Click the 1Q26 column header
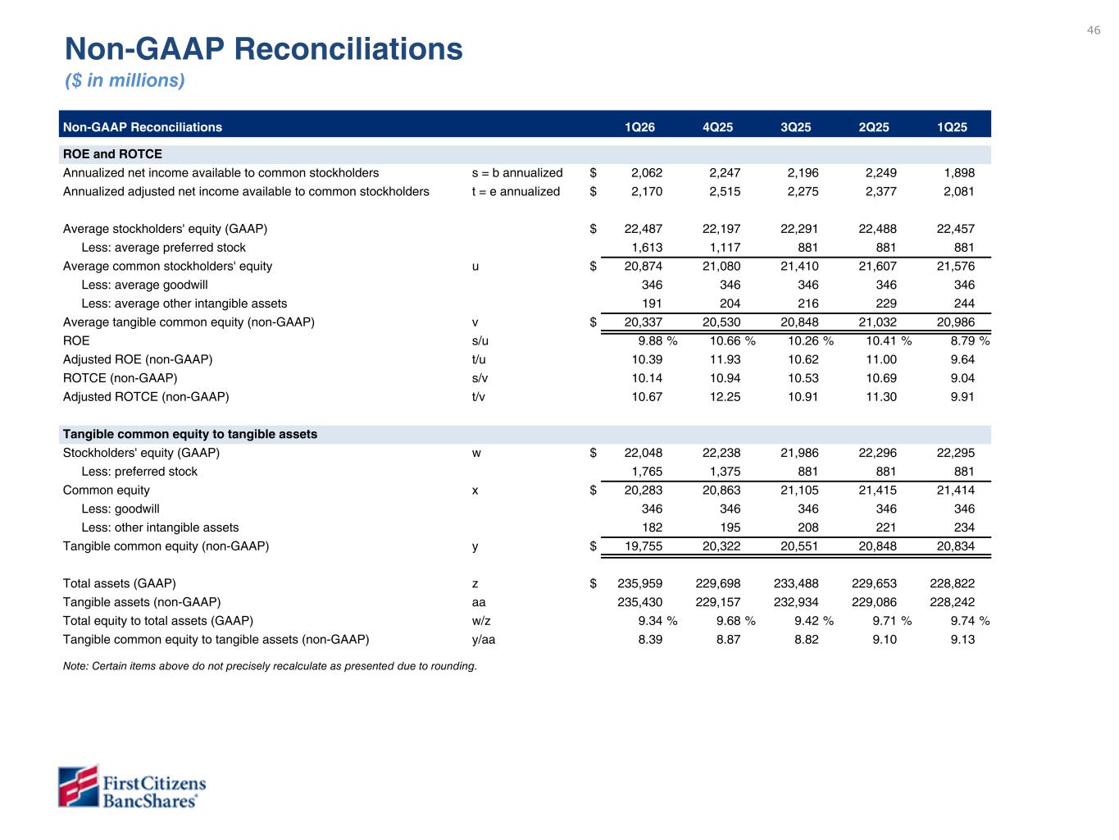(x=640, y=127)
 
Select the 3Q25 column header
(x=796, y=127)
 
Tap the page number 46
(x=1094, y=30)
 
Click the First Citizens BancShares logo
(x=131, y=787)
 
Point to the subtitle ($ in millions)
(x=125, y=80)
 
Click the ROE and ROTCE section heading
(x=112, y=154)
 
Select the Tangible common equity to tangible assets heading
(x=190, y=434)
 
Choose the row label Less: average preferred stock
(x=163, y=247)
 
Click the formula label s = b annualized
(x=517, y=172)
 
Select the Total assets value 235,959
(x=639, y=583)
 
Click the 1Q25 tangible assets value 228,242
(x=953, y=602)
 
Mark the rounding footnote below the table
(x=270, y=666)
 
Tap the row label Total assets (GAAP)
(x=120, y=583)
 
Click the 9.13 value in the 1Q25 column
(x=962, y=639)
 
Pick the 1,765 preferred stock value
(x=646, y=471)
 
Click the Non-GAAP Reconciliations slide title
(x=264, y=49)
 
